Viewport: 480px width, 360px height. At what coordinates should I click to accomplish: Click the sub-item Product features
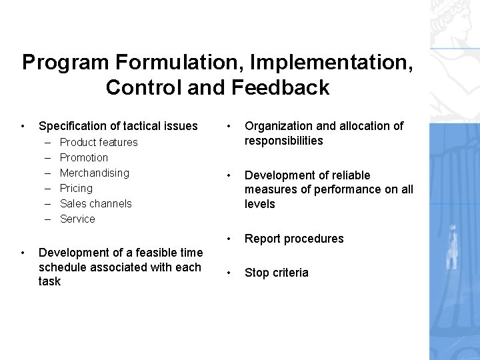pyautogui.click(x=99, y=142)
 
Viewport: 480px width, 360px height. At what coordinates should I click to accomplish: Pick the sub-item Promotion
pyautogui.click(x=84, y=157)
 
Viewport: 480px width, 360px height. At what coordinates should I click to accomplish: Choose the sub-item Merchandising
pyautogui.click(x=95, y=173)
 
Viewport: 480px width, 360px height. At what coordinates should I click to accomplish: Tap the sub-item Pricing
pyautogui.click(x=77, y=188)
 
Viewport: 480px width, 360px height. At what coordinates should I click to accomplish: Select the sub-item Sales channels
pyautogui.click(x=96, y=203)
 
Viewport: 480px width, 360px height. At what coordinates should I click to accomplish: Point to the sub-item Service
pyautogui.click(x=78, y=219)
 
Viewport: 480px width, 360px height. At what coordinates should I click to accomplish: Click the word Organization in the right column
pyautogui.click(x=279, y=126)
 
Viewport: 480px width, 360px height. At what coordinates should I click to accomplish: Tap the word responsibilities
pyautogui.click(x=284, y=141)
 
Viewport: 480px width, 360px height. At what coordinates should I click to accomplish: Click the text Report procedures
pyautogui.click(x=294, y=239)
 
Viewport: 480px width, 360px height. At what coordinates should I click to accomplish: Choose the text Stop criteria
pyautogui.click(x=277, y=273)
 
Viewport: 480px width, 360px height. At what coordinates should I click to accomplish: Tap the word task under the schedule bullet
pyautogui.click(x=50, y=281)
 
